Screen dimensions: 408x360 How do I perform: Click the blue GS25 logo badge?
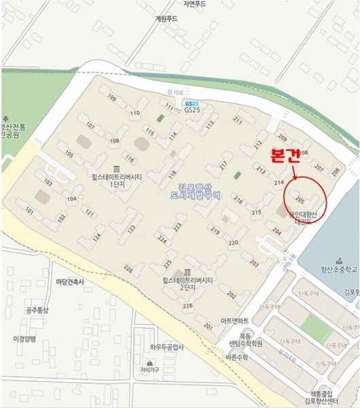[191, 102]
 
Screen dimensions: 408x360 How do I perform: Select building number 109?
[112, 98]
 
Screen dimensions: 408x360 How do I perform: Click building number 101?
[29, 211]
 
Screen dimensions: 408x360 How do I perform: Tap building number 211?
[238, 120]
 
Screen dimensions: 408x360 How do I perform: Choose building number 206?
[334, 171]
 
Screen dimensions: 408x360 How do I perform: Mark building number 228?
[188, 305]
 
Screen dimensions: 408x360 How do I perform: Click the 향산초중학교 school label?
[330, 269]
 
